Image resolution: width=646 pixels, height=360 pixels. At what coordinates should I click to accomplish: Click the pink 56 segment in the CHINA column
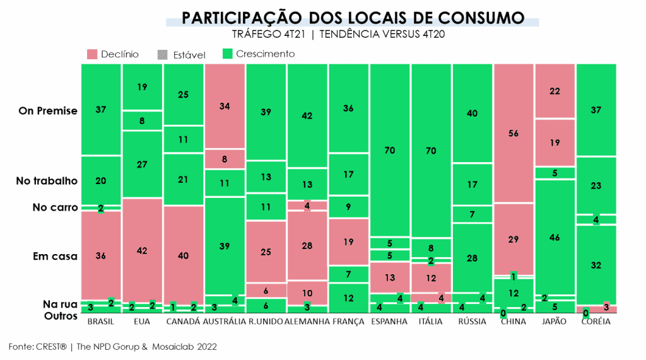(x=514, y=133)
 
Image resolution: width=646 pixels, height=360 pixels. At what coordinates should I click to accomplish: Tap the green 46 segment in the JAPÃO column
(x=555, y=237)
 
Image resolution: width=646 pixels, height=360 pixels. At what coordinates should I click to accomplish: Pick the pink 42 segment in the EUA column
(x=142, y=250)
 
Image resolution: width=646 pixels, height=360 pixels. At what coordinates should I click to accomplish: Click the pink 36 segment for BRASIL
(x=100, y=256)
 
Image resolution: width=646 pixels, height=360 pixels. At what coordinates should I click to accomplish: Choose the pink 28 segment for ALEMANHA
(x=307, y=245)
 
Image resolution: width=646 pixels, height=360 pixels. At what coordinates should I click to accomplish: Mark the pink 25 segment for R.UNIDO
(x=266, y=252)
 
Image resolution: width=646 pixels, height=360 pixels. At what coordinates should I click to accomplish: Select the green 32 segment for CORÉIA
(x=596, y=265)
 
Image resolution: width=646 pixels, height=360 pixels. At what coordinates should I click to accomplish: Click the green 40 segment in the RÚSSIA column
(x=472, y=113)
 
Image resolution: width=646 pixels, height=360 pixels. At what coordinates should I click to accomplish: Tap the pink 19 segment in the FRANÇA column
(x=348, y=241)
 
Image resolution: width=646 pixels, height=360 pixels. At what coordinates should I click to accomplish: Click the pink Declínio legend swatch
(x=92, y=54)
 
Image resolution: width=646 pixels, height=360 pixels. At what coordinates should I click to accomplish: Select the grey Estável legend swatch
(x=161, y=55)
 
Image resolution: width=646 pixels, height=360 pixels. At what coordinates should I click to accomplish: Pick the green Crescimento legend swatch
(x=228, y=54)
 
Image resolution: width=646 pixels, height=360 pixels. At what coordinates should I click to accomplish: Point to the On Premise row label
(x=48, y=111)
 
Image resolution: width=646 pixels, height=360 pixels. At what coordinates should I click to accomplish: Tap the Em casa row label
(x=55, y=257)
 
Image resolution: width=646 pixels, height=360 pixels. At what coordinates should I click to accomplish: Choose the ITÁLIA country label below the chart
(x=430, y=322)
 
